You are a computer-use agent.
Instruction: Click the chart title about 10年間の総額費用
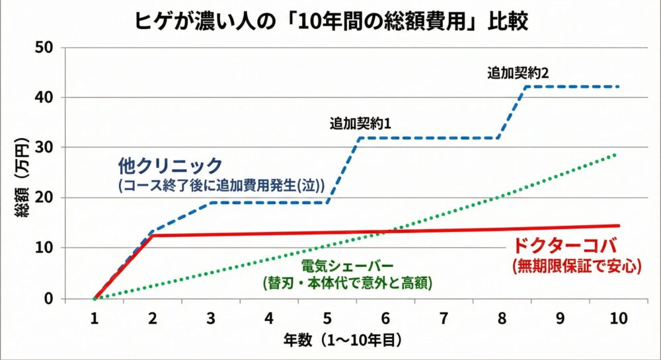coord(330,20)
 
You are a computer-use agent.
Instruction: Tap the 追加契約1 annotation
coord(362,123)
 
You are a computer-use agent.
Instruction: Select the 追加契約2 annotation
coord(518,73)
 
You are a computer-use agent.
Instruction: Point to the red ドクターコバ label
coord(564,246)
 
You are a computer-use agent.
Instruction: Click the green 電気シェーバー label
coord(346,266)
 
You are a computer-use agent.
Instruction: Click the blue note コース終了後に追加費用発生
coord(221,186)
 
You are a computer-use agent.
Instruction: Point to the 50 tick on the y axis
coord(50,48)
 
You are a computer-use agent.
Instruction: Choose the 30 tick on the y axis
coord(50,147)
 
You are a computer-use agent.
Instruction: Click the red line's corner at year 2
coord(153,235)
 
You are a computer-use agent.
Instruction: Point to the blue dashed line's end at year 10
coord(617,87)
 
